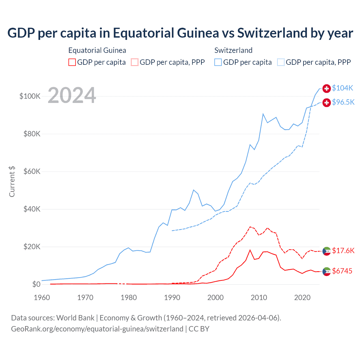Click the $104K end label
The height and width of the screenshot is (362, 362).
point(342,88)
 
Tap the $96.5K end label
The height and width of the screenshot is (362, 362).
point(343,102)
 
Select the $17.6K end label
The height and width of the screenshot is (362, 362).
point(343,251)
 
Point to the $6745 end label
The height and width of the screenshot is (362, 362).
point(342,271)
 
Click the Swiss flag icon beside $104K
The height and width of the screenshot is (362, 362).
point(327,89)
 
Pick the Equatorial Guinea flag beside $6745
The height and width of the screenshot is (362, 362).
point(327,271)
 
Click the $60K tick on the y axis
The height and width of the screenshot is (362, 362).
point(32,171)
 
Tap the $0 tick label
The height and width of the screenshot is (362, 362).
point(36,284)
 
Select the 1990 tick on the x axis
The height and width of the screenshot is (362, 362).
point(172,298)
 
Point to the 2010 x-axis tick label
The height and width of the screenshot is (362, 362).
point(259,298)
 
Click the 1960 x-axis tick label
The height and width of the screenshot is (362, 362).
point(42,298)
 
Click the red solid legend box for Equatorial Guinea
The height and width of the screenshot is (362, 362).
point(72,62)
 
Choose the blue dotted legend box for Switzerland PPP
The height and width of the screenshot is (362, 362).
point(281,62)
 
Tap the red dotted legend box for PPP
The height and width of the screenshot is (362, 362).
point(135,62)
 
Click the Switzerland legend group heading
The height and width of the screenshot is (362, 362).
point(233,50)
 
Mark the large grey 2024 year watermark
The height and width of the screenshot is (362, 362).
point(72,95)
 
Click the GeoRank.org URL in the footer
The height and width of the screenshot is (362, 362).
point(97,329)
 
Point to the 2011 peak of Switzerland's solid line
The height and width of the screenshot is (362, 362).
point(263,114)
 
